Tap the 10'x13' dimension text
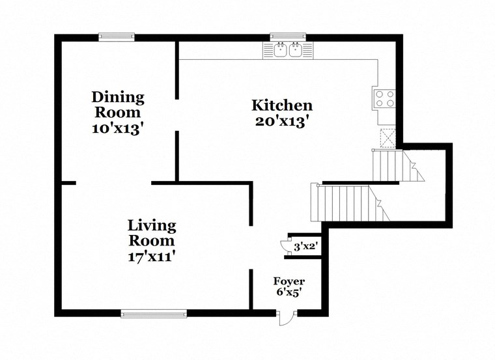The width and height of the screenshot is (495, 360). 118,128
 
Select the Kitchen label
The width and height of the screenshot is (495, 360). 282,105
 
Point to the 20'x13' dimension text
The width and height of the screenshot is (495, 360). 282,120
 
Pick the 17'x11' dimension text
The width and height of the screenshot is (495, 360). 152,256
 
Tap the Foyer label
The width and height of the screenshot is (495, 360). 289,281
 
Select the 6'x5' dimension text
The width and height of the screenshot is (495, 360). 289,293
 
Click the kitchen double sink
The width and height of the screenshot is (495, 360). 288,49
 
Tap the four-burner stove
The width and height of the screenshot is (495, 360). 385,98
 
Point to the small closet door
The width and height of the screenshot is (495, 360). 284,245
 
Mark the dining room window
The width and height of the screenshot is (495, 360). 117,37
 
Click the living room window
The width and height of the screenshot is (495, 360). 154,314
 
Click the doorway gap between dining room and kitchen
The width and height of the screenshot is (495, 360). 177,115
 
